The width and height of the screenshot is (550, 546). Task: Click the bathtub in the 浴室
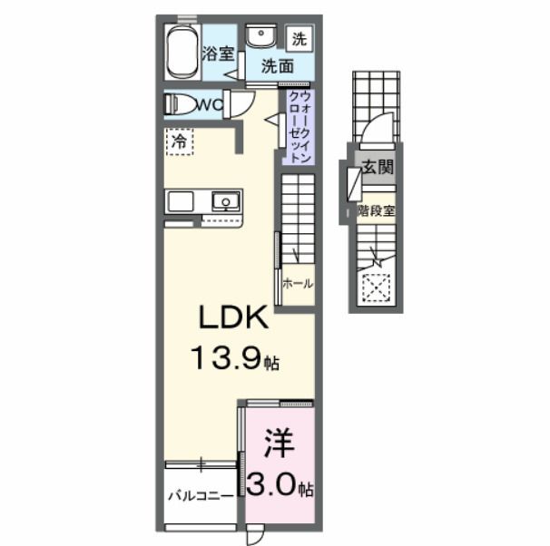182,52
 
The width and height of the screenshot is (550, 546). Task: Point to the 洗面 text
278,66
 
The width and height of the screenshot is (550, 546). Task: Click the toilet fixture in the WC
180,103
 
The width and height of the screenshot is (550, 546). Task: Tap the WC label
211,105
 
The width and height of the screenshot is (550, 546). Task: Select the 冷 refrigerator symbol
179,141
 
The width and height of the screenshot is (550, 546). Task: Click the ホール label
298,283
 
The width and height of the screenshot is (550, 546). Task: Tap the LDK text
231,320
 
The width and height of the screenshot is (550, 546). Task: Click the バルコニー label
200,496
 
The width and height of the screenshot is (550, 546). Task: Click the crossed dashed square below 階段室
374,288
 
